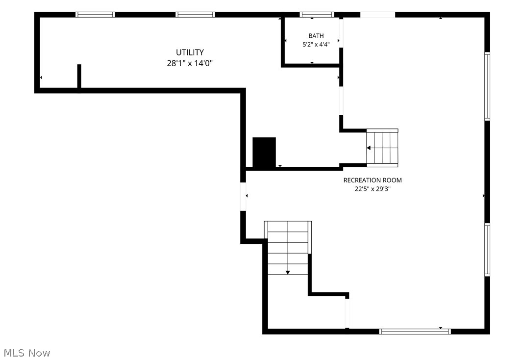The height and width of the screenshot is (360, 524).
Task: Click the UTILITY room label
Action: coord(190,52)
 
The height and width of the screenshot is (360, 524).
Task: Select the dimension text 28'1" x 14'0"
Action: coord(190,63)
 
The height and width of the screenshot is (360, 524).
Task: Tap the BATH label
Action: coord(316,36)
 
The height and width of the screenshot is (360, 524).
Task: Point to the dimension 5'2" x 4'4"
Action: coord(316,45)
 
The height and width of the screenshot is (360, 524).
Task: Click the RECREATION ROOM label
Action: coord(373,180)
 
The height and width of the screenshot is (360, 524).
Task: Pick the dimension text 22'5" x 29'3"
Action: coord(373,189)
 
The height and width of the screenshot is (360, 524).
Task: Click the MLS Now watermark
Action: coord(27,353)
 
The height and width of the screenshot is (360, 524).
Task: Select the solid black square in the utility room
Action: coord(264,152)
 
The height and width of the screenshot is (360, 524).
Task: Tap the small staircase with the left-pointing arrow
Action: coord(382,148)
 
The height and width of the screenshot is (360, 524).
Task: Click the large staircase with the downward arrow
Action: coord(288,248)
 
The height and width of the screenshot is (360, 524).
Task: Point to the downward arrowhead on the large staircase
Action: coord(288,272)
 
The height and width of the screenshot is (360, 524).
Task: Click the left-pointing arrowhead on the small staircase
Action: coord(369,148)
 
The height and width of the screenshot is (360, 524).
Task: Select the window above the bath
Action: coord(317,14)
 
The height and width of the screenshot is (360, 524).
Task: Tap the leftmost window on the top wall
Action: coord(95,14)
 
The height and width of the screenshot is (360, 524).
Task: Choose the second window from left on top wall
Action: coord(195,14)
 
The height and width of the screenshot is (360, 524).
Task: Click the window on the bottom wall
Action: coord(415,332)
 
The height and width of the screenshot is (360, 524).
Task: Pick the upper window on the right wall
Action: coord(487,86)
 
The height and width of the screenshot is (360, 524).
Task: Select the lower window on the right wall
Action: coord(487,250)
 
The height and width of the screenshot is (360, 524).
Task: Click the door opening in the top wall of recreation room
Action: coord(377,14)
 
